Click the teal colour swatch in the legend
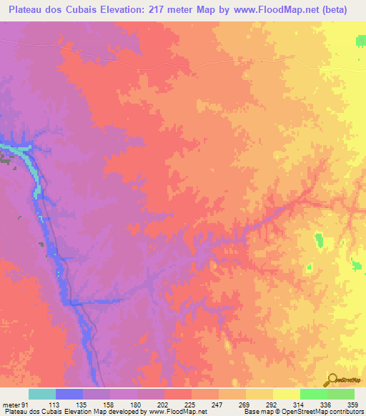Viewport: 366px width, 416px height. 42,393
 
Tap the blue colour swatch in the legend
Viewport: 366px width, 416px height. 69,393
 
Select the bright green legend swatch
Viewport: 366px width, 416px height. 313,393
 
